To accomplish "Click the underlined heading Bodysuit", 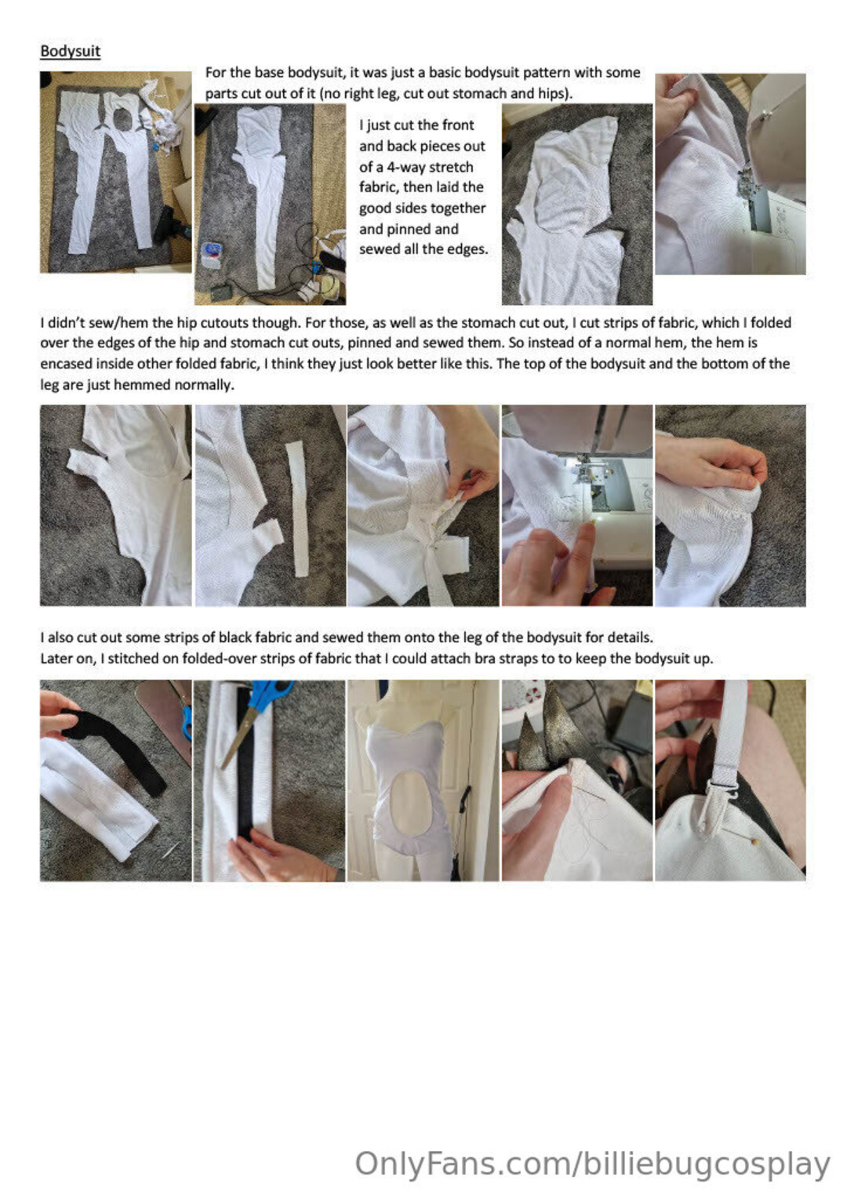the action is [70, 51].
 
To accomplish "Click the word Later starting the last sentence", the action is [56, 659].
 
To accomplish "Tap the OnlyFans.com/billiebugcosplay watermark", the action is [593, 1164].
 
